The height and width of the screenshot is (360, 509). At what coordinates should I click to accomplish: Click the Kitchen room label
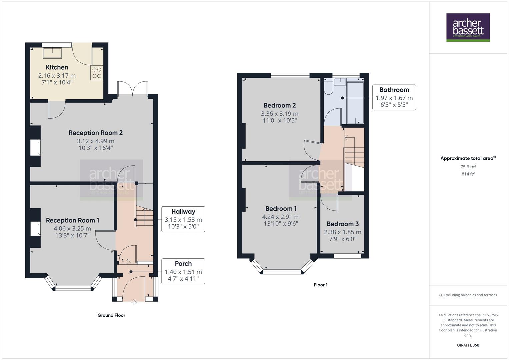coord(57,67)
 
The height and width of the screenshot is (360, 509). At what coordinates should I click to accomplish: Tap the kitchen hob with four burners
coord(97,73)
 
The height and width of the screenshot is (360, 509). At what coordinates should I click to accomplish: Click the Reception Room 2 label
coord(96,133)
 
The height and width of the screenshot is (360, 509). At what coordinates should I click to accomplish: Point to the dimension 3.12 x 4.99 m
coord(96,141)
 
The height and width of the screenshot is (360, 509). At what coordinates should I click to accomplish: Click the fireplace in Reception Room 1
coord(35,229)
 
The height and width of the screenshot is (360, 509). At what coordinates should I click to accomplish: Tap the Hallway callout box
coord(183,219)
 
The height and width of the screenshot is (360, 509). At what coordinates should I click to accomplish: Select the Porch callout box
coord(183,271)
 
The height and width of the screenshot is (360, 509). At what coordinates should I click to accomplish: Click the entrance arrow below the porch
coord(134,302)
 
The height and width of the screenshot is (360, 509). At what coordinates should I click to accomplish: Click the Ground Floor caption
coord(111,315)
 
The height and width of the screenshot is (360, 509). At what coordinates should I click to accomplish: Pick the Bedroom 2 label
coord(280,105)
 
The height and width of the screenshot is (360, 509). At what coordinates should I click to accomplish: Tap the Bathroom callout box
coord(394,98)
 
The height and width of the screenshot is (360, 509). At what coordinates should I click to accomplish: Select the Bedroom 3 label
coord(342,224)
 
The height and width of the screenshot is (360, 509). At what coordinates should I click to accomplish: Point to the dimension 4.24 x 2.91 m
coord(281,217)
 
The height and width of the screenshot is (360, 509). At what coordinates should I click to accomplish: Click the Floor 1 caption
coord(320,285)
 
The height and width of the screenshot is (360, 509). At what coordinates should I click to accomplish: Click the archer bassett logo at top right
coord(468,27)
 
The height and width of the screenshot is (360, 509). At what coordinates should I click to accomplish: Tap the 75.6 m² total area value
coord(468,167)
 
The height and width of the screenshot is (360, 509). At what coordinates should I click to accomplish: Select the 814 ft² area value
coord(468,174)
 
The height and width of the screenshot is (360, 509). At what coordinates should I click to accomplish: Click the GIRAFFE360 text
coord(468,345)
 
